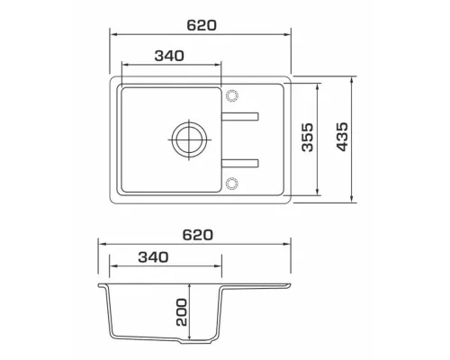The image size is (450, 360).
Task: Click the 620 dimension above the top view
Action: pos(202,25)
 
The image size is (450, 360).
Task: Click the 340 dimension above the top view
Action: pos(169,56)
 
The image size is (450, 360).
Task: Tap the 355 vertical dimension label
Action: pos(308,137)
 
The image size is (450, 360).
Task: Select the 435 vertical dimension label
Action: pos(343,137)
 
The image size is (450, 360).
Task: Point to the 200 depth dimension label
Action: pos(182,312)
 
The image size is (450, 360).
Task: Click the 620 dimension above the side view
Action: pos(198,235)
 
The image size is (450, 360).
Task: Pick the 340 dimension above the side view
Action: pos(153,257)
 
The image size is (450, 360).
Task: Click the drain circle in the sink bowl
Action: pos(189,139)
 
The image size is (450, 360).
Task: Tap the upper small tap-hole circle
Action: pos(232,95)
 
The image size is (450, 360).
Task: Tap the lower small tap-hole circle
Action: pos(232,184)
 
